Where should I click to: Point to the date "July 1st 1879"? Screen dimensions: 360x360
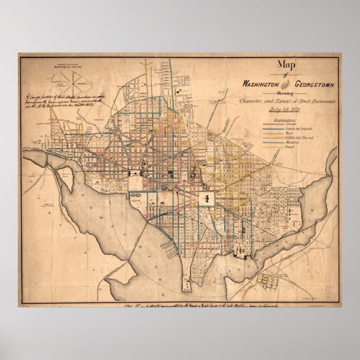pos(287,110)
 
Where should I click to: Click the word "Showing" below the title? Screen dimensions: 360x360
pos(287,93)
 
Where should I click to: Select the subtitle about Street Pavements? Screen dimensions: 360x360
pos(287,101)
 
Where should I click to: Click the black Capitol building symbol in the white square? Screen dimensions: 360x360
pos(206,198)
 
